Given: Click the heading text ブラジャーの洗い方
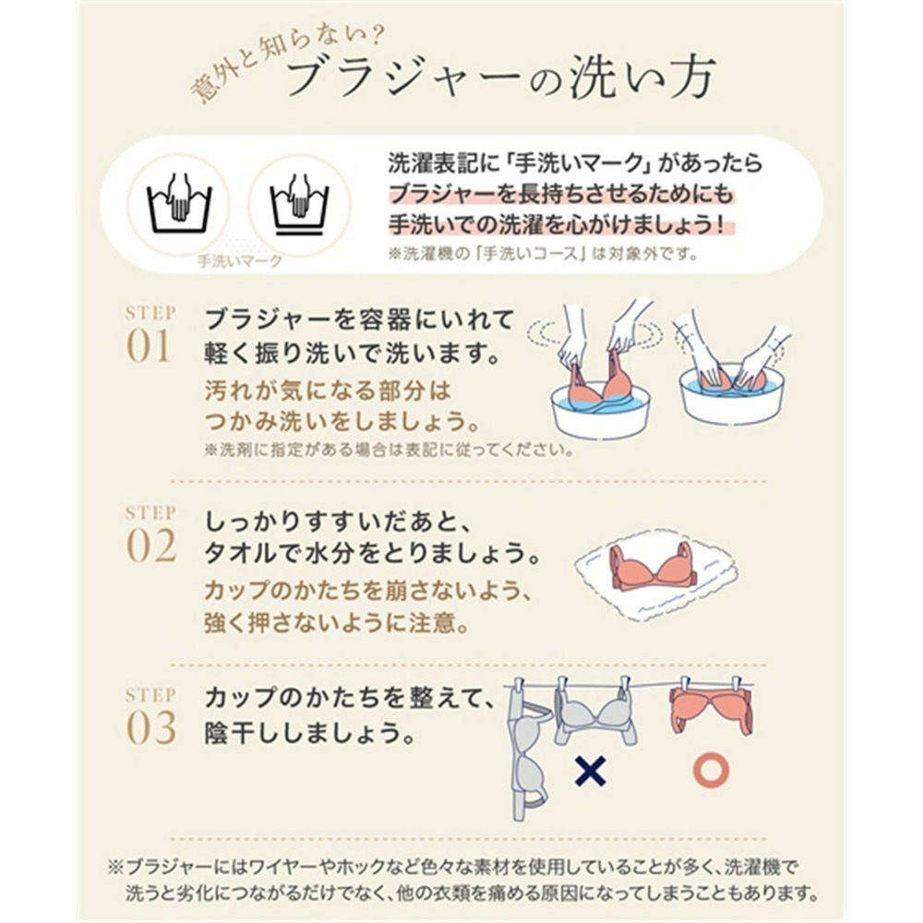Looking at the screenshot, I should [499, 81].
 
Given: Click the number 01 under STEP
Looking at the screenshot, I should [150, 348].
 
